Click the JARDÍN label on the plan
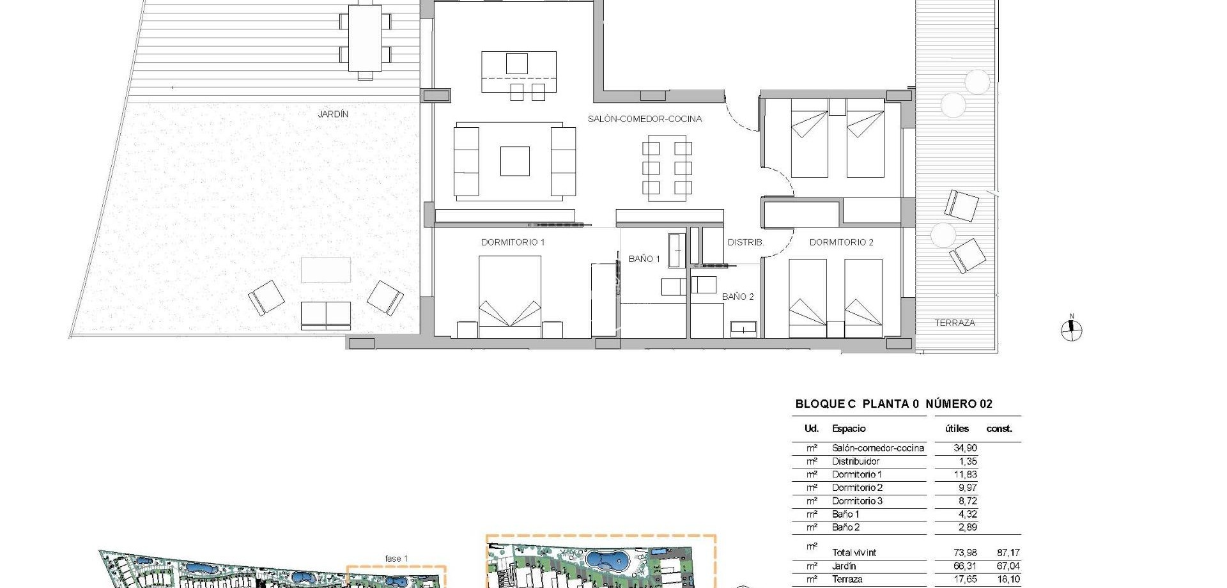(333, 114)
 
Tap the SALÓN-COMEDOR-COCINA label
(645, 119)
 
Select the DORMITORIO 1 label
(513, 242)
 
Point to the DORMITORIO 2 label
(841, 242)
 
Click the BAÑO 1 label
(644, 259)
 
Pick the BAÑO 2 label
(737, 297)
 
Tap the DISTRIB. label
(745, 243)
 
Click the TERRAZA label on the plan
(955, 323)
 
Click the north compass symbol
(1072, 330)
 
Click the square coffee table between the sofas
(514, 161)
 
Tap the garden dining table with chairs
(365, 38)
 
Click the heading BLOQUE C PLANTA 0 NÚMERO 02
(893, 404)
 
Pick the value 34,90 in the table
(965, 448)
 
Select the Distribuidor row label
(856, 461)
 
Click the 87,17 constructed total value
(1008, 553)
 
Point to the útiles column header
(957, 429)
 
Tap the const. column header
(999, 429)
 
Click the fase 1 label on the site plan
(396, 559)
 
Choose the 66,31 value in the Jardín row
(965, 566)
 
